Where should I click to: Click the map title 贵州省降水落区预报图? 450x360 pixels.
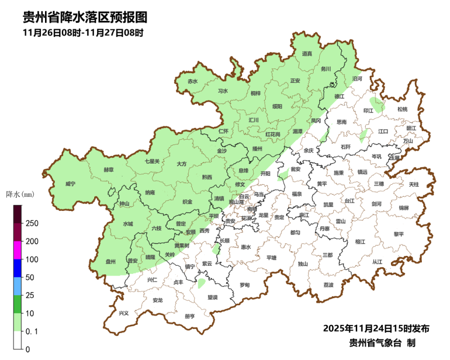point(85,17)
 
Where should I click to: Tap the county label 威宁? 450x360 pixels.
point(70,184)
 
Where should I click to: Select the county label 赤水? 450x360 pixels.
point(192,81)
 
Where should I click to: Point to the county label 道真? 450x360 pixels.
point(307,54)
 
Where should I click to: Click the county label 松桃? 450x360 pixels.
point(402,109)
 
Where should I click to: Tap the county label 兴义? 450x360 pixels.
point(124,313)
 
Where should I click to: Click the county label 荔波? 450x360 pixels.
point(329,285)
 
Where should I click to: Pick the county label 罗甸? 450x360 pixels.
point(245,285)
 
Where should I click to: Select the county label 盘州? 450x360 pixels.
point(111,262)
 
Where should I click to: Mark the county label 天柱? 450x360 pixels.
point(413,185)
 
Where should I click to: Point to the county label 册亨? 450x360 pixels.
point(190,316)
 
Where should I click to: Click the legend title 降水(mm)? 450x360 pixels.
point(20,194)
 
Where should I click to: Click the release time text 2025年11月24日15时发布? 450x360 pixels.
point(376,328)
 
